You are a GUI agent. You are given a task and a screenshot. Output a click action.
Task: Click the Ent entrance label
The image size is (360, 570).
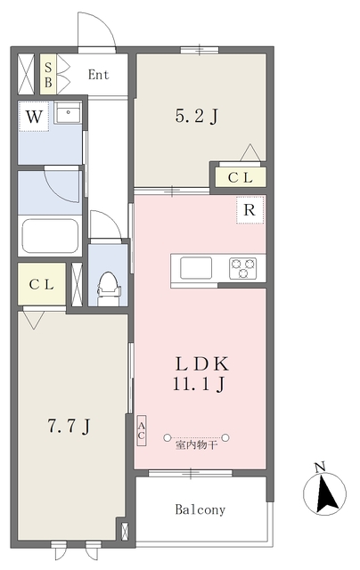pyautogui.click(x=98, y=75)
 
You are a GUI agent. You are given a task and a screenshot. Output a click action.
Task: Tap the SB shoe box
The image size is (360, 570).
pyautogui.click(x=48, y=75)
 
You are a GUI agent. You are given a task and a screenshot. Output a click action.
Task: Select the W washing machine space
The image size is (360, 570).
pyautogui.click(x=34, y=117)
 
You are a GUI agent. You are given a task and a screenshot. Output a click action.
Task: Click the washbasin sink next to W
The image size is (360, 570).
pyautogui.click(x=68, y=113)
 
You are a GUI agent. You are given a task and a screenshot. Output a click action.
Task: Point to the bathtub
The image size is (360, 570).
pyautogui.click(x=50, y=235)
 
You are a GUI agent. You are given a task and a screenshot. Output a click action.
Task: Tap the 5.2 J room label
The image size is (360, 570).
pyautogui.click(x=196, y=117)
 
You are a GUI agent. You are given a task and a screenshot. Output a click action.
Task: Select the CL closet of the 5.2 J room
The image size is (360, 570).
pyautogui.click(x=240, y=177)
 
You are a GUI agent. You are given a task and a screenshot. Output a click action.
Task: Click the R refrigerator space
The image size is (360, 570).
pyautogui.click(x=250, y=210)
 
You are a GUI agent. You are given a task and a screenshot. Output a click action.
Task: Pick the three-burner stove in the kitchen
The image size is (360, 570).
pyautogui.click(x=242, y=269)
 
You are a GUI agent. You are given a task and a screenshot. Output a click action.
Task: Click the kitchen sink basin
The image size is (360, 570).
pyautogui.click(x=196, y=268)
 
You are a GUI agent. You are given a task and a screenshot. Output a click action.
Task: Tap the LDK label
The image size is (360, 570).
pyautogui.click(x=202, y=364)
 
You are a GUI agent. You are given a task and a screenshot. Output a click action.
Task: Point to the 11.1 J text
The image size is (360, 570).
pyautogui.click(x=199, y=384)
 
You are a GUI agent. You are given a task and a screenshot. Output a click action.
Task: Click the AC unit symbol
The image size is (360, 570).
pyautogui.click(x=142, y=431)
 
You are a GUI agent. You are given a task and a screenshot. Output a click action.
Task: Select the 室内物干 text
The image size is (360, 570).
pyautogui.click(x=196, y=444)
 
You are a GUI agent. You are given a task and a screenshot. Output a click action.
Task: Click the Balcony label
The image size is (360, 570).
pyautogui.click(x=200, y=509)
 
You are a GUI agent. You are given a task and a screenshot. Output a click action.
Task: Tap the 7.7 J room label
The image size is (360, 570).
pyautogui.click(x=70, y=426)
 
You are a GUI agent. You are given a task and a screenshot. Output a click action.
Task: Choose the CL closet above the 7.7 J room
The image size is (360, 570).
pyautogui.click(x=42, y=284)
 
